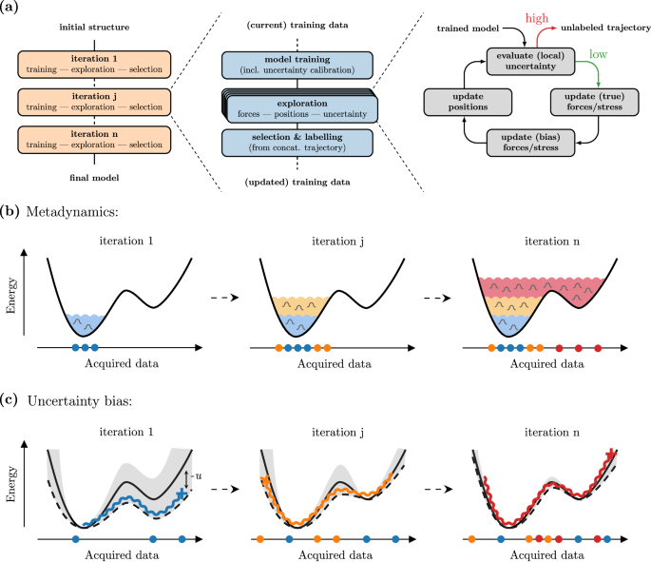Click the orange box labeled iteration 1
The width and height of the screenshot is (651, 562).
click(94, 65)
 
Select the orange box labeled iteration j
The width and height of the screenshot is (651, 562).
click(94, 102)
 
